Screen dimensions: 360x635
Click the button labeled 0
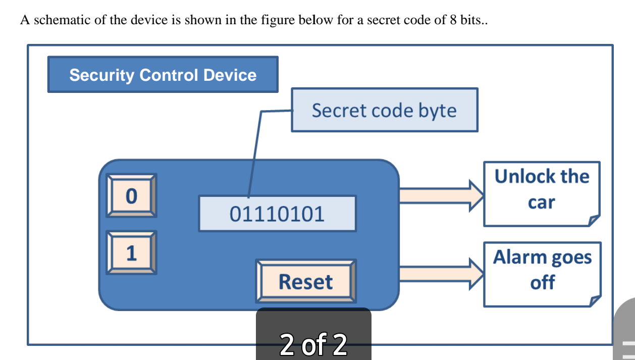(131, 195)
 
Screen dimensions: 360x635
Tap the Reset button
(306, 281)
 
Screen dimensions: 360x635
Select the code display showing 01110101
(277, 214)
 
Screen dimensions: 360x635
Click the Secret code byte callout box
(384, 110)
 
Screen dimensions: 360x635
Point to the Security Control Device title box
(163, 75)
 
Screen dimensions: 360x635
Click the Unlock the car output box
(542, 194)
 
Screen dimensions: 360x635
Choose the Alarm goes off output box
(542, 274)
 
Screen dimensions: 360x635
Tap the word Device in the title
(230, 75)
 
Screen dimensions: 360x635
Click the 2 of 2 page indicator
(313, 344)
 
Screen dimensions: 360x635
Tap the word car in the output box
(541, 202)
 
